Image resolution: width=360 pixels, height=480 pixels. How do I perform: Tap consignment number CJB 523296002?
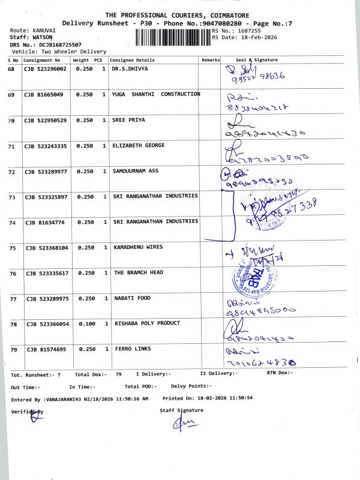pyautogui.click(x=46, y=70)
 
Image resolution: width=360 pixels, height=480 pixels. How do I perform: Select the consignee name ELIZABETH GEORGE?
pyautogui.click(x=138, y=146)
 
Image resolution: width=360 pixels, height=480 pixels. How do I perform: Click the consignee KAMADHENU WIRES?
pyautogui.click(x=138, y=247)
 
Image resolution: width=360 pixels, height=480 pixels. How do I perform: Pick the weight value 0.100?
pyautogui.click(x=84, y=324)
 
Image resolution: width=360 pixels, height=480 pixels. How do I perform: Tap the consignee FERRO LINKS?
pyautogui.click(x=132, y=349)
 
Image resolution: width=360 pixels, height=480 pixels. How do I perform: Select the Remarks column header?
pyautogui.click(x=211, y=60)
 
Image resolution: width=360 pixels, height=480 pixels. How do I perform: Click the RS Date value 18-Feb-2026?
pyautogui.click(x=259, y=37)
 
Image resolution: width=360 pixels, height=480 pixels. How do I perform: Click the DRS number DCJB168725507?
pyautogui.click(x=53, y=44)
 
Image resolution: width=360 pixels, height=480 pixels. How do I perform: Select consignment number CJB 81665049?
pyautogui.click(x=43, y=95)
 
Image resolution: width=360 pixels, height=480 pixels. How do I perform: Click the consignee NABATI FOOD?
pyautogui.click(x=132, y=298)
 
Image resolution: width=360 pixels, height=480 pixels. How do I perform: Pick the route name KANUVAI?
pyautogui.click(x=44, y=30)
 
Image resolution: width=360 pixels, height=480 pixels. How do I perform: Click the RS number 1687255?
pyautogui.click(x=249, y=30)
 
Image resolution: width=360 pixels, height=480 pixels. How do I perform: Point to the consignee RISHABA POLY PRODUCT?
pyautogui.click(x=146, y=323)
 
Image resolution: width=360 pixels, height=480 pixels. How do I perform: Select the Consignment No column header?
pyautogui.click(x=42, y=60)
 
